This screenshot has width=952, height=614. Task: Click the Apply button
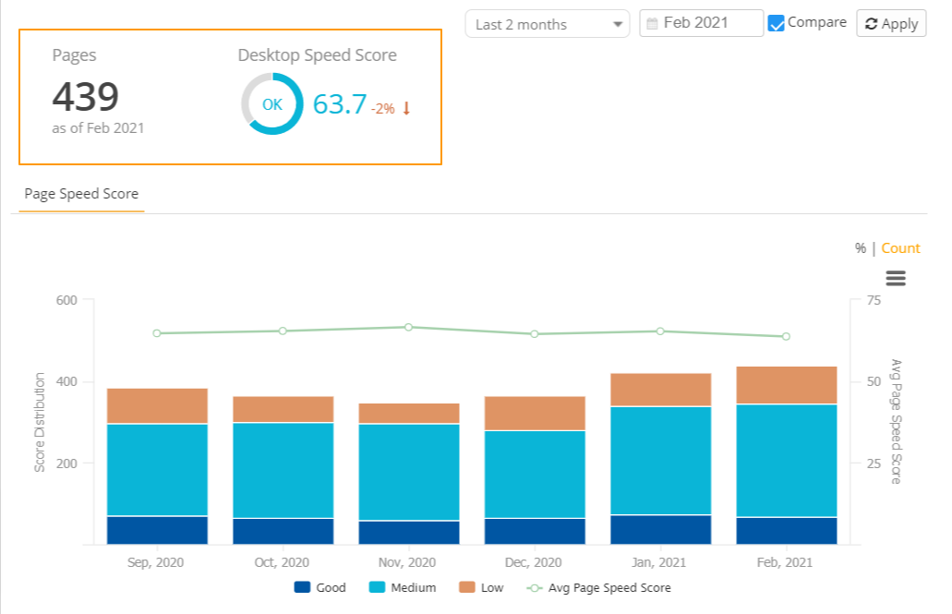pyautogui.click(x=891, y=24)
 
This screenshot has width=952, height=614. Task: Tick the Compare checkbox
pyautogui.click(x=777, y=23)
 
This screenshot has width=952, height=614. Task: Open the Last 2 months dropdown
pyautogui.click(x=547, y=24)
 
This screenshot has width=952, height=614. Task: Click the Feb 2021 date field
pyautogui.click(x=701, y=23)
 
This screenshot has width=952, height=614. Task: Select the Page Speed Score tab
pyautogui.click(x=81, y=194)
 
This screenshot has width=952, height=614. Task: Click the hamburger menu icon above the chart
pyautogui.click(x=895, y=278)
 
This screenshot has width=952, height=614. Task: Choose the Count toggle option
pyautogui.click(x=900, y=248)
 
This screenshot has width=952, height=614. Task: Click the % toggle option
pyautogui.click(x=860, y=248)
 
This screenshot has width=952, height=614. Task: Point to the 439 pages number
pyautogui.click(x=85, y=97)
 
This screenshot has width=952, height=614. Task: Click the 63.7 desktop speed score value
pyautogui.click(x=339, y=104)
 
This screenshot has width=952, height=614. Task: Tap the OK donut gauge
pyautogui.click(x=271, y=104)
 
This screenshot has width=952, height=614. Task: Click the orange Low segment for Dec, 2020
pyautogui.click(x=534, y=414)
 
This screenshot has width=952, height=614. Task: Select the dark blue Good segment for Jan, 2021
pyautogui.click(x=660, y=529)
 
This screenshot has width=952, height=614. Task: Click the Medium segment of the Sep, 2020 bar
pyautogui.click(x=157, y=469)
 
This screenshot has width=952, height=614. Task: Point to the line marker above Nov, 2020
pyautogui.click(x=408, y=327)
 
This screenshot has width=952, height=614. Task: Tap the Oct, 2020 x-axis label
pyautogui.click(x=282, y=562)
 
